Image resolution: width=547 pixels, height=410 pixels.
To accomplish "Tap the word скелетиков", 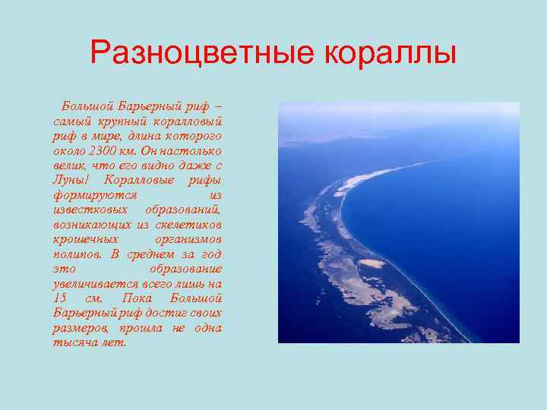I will tap(188, 224).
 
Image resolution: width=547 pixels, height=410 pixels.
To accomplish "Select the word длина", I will tap(140, 134).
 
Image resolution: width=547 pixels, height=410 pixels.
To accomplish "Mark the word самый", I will tap(71, 119).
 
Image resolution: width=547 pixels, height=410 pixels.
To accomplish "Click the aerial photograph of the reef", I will tap(398, 222).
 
